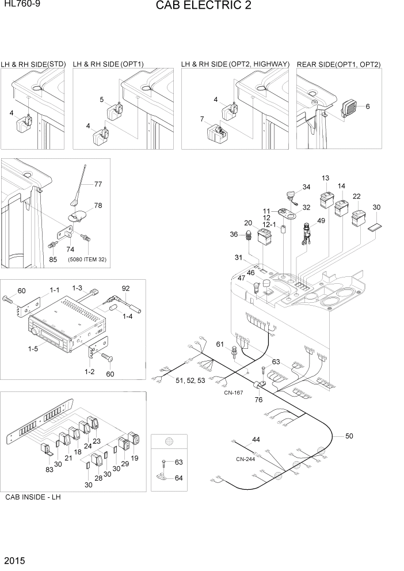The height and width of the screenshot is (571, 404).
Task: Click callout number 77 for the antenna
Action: tap(98, 185)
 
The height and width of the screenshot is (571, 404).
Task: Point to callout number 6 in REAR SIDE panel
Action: tap(368, 106)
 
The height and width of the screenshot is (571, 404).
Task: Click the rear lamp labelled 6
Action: tap(349, 108)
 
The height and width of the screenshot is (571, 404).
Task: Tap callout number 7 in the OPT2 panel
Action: tap(202, 119)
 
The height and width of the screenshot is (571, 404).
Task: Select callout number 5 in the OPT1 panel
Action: tap(102, 100)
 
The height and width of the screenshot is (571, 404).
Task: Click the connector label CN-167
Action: tap(234, 393)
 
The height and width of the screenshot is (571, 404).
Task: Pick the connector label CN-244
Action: tap(246, 459)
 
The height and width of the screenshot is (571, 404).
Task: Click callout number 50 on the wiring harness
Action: tap(349, 436)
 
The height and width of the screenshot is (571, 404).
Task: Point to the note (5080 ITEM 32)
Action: tap(87, 260)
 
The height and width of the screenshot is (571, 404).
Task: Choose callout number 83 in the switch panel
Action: tap(49, 470)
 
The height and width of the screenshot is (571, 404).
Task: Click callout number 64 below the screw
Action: tap(178, 477)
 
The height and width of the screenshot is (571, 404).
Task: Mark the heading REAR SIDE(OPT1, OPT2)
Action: tap(338, 64)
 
